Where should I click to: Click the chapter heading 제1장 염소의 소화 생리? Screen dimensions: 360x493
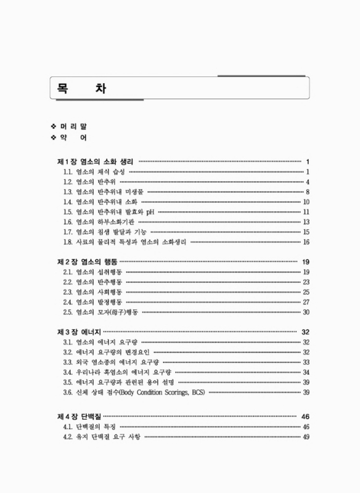96,161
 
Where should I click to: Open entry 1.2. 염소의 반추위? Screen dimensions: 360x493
89,182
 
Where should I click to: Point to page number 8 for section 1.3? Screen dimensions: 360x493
306,192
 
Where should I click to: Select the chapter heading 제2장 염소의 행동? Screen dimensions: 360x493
87,262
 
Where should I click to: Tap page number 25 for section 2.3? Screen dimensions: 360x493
306,292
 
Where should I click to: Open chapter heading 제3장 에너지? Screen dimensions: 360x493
79,332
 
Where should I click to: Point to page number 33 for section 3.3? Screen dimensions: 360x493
306,362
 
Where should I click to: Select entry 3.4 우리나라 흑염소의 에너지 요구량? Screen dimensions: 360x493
117,372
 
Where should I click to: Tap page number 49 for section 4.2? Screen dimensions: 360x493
306,438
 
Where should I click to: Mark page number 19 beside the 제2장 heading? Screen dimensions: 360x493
305,262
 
